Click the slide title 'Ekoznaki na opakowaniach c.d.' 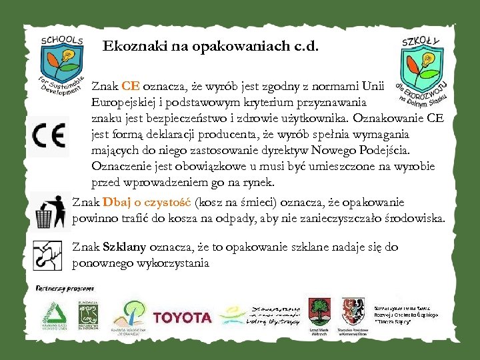pos(211,47)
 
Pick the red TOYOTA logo pos(182,317)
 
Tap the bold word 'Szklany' pos(125,247)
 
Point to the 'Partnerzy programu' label pos(65,289)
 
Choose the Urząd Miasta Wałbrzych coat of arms pos(318,311)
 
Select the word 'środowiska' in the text pos(413,218)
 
